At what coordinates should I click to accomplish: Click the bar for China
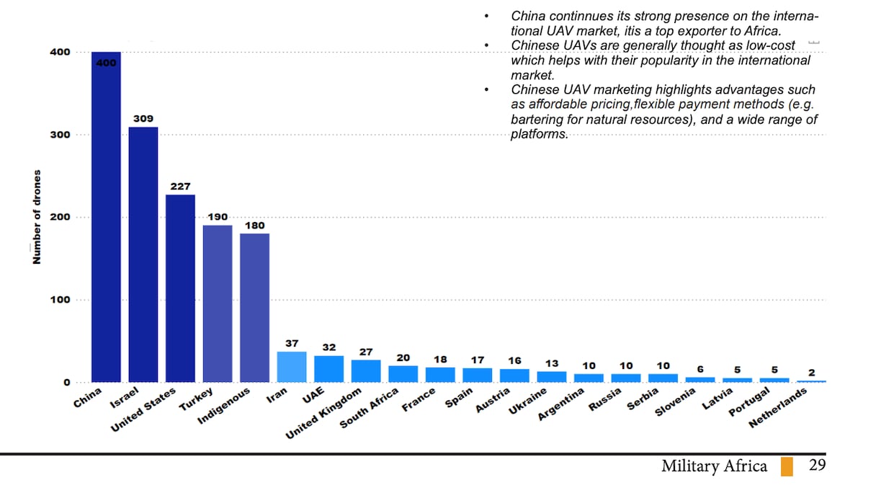[106, 216]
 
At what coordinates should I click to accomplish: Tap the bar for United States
[180, 288]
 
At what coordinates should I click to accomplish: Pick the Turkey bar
[218, 303]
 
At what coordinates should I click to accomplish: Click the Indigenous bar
[254, 307]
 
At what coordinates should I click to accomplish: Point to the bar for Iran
[292, 367]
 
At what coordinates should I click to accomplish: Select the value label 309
[143, 118]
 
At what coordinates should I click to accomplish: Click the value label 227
[180, 186]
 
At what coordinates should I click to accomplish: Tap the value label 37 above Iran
[292, 344]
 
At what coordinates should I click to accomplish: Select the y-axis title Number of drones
[36, 217]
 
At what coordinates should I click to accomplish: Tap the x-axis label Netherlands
[777, 409]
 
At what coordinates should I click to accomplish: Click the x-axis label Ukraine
[529, 401]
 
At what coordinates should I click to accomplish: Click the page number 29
[817, 465]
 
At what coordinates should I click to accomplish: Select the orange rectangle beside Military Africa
[787, 466]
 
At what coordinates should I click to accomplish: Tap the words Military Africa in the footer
[714, 466]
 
